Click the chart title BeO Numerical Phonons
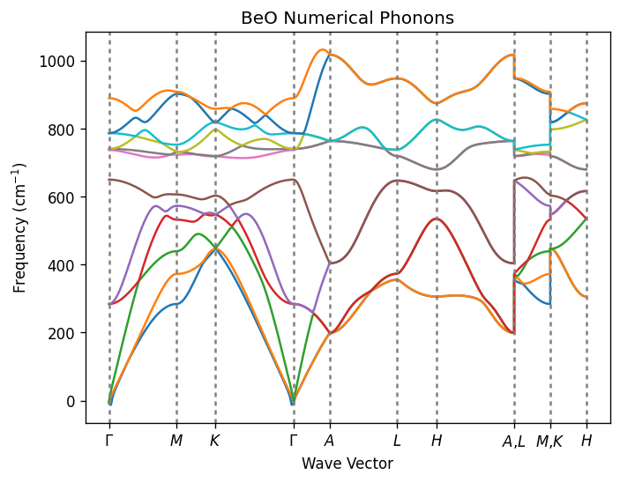point(347,18)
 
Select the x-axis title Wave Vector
point(347,463)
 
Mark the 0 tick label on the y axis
point(72,401)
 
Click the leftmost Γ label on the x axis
point(109,441)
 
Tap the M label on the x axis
point(176,441)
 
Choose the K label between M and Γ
point(215,441)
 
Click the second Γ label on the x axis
point(294,441)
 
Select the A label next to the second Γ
point(330,441)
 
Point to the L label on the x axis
point(397,441)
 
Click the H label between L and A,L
point(436,441)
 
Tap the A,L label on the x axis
point(514,441)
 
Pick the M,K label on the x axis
point(550,441)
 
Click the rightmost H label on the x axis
point(586,441)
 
